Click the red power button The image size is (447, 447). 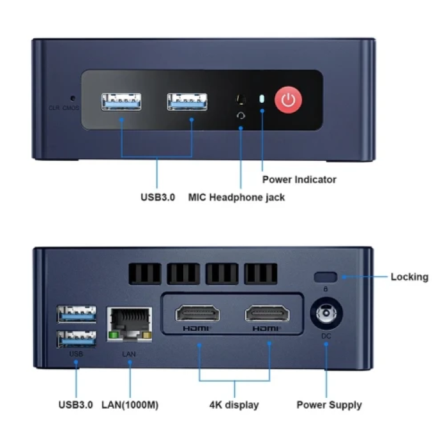(x=288, y=100)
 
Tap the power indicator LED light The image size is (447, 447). (x=262, y=99)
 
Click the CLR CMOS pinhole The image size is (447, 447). (x=73, y=98)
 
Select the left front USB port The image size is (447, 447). (x=121, y=102)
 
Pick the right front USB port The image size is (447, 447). (x=187, y=102)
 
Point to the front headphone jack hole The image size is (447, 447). (x=241, y=100)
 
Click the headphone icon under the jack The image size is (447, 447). (x=241, y=116)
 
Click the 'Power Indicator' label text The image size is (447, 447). (x=299, y=179)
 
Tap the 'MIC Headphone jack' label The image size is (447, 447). (x=236, y=197)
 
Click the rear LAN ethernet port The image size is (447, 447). (x=130, y=324)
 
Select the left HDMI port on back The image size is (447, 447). (x=197, y=314)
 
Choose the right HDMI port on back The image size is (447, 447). (x=267, y=314)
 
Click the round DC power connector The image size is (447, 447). (x=326, y=314)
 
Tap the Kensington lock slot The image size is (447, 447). (x=325, y=277)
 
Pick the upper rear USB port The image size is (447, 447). (x=77, y=314)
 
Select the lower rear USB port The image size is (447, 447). (x=77, y=339)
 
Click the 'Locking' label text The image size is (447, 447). (x=409, y=277)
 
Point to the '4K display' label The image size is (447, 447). (x=234, y=405)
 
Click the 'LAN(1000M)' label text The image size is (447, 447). (x=130, y=405)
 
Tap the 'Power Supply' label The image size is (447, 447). (x=330, y=405)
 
